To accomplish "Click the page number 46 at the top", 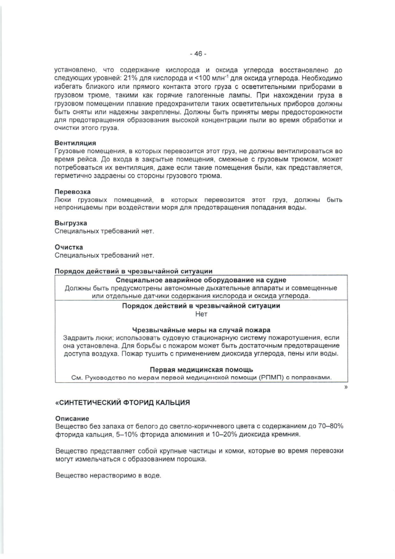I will pyautogui.click(x=197, y=54).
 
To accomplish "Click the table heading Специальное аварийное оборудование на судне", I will pyautogui.click(x=197, y=280).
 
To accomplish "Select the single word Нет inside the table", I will pyautogui.click(x=197, y=314).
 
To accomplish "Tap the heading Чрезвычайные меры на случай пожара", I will pyautogui.click(x=197, y=330).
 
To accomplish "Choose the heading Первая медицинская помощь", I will pyautogui.click(x=197, y=369).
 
